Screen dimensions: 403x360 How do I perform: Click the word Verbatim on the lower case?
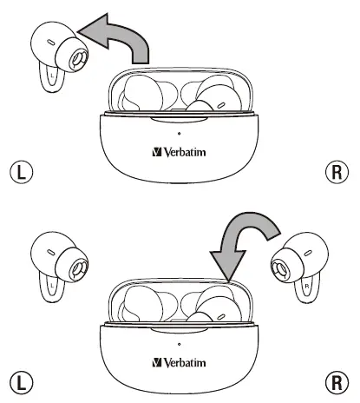(187, 360)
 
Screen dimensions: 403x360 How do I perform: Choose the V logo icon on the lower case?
(157, 360)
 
